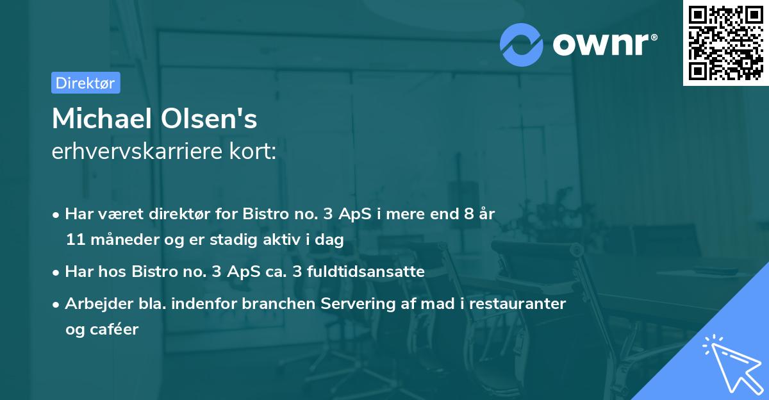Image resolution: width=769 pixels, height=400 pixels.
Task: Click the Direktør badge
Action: point(85,83)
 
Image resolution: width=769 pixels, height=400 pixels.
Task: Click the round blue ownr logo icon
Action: point(522,44)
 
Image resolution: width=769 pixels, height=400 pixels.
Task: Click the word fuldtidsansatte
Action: point(368,271)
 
